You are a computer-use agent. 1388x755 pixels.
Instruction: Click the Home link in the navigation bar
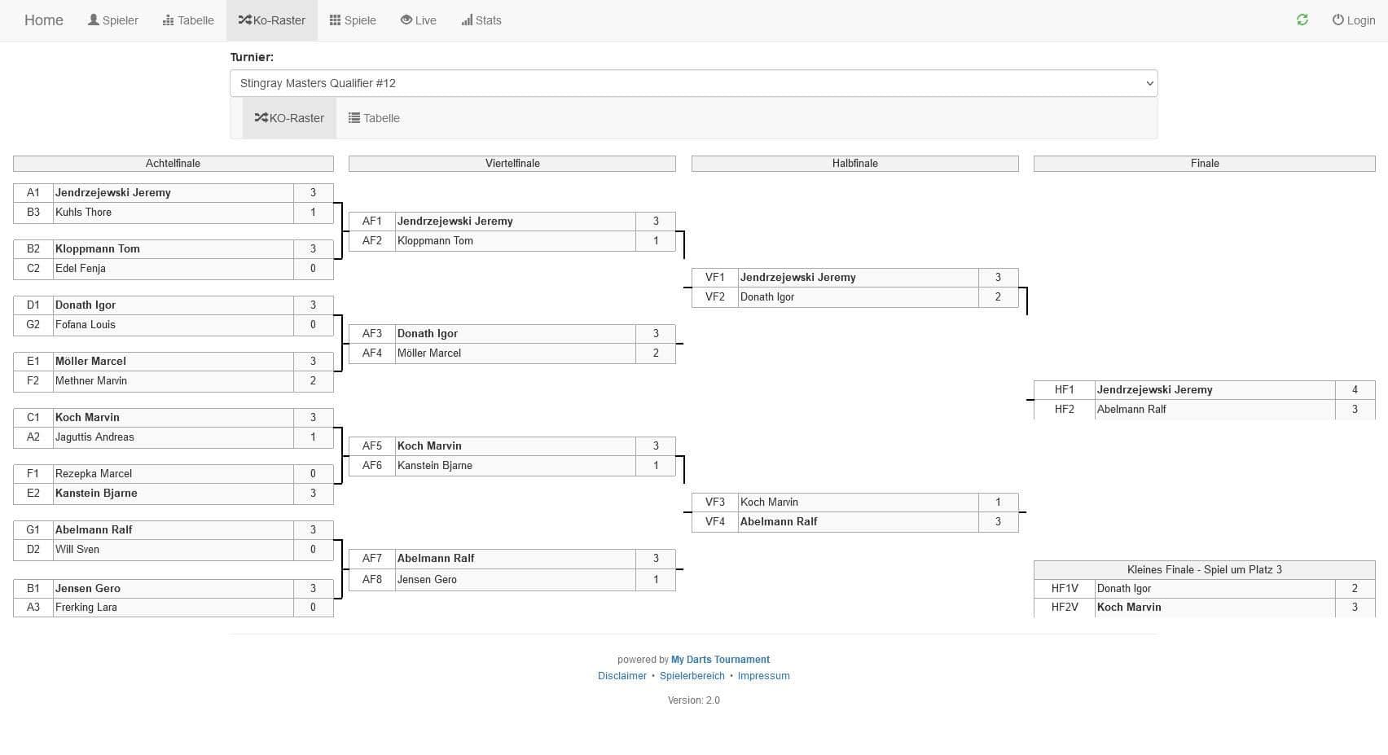click(x=43, y=20)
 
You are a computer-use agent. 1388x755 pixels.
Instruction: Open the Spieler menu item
click(x=113, y=20)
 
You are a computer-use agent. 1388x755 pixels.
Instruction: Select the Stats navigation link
click(x=481, y=20)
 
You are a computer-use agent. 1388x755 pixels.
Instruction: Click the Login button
click(x=1354, y=20)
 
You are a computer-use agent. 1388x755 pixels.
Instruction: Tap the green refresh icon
click(x=1302, y=20)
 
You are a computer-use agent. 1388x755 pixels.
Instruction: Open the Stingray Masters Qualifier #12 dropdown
click(x=693, y=83)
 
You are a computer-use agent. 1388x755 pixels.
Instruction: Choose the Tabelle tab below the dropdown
click(x=374, y=118)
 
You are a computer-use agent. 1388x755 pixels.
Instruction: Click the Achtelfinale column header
click(x=173, y=164)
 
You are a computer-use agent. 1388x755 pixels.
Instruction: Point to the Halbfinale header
click(x=854, y=164)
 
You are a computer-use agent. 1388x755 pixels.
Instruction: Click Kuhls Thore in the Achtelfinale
click(x=84, y=213)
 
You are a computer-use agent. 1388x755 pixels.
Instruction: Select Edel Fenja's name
click(x=81, y=269)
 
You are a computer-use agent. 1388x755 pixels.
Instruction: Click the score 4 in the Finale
click(x=1355, y=390)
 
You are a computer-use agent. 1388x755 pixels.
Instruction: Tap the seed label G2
click(x=33, y=325)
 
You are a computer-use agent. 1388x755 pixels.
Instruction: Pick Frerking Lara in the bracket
click(x=86, y=608)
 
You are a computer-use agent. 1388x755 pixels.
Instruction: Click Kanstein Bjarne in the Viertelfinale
click(x=435, y=466)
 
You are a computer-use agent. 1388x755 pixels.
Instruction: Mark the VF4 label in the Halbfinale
click(x=714, y=522)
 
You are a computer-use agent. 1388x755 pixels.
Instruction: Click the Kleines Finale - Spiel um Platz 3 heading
click(x=1204, y=570)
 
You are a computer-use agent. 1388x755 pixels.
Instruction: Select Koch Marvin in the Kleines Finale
click(x=1129, y=608)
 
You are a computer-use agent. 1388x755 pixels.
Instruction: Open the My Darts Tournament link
click(x=720, y=660)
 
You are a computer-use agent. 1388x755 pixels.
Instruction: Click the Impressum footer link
click(x=763, y=676)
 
